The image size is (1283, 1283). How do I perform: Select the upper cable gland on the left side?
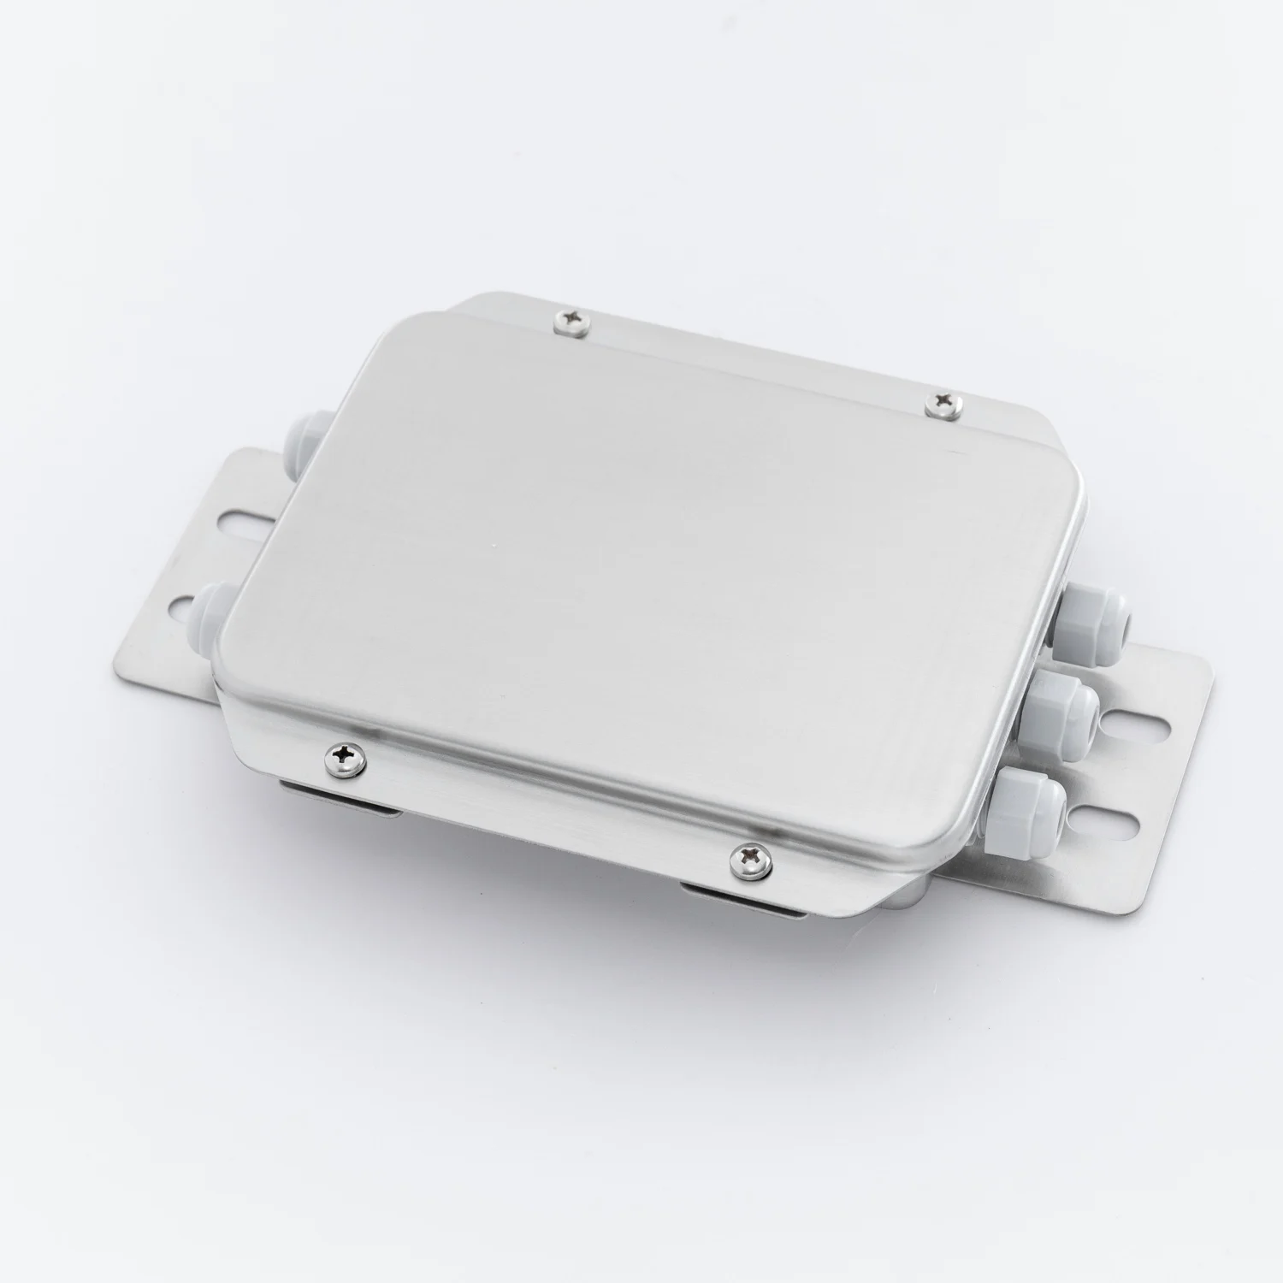(x=309, y=428)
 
